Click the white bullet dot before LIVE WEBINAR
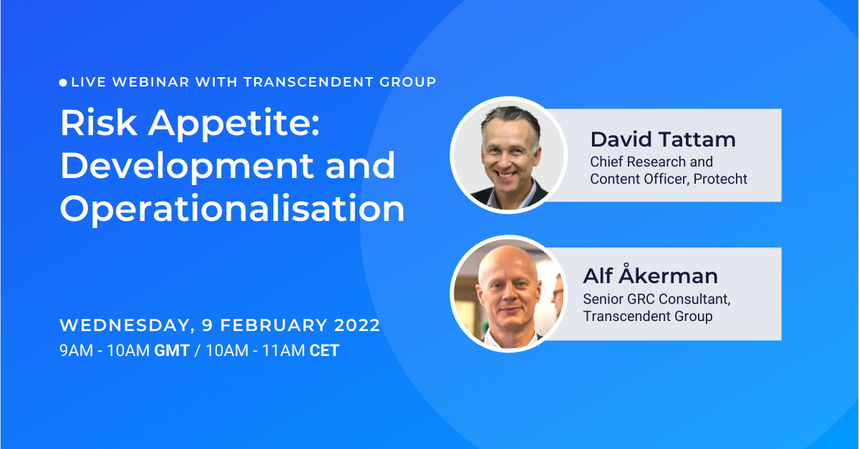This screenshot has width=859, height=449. [x=64, y=83]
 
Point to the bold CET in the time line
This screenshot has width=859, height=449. [x=324, y=351]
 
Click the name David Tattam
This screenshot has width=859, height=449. [x=663, y=139]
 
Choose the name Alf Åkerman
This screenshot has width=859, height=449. [x=650, y=276]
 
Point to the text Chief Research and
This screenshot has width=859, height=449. [x=651, y=162]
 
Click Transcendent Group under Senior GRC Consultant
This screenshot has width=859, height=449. [x=648, y=316]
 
